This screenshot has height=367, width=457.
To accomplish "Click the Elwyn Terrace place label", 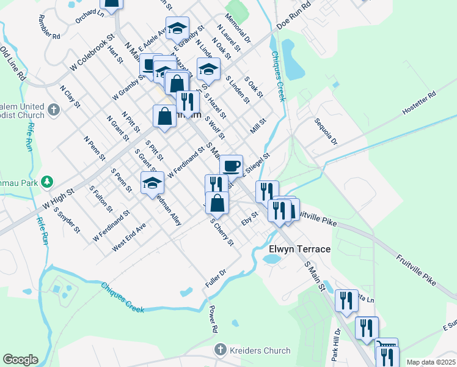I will pos(300,250).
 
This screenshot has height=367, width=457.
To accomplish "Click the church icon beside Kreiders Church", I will pos(221,350).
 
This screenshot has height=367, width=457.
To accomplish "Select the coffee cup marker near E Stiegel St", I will pos(231,166).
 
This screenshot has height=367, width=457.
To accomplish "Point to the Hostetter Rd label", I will pos(419,103).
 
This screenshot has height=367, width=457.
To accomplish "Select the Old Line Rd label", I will pos(13,64).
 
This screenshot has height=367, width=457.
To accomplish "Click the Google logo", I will pos(20,359).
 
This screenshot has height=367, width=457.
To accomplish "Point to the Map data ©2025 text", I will pos(430,362).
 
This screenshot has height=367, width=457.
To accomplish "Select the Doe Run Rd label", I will pos(294,17).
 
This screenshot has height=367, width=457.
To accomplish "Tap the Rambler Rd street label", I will pos(49,27).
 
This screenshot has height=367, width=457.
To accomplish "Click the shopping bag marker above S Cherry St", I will pos(217,202).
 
